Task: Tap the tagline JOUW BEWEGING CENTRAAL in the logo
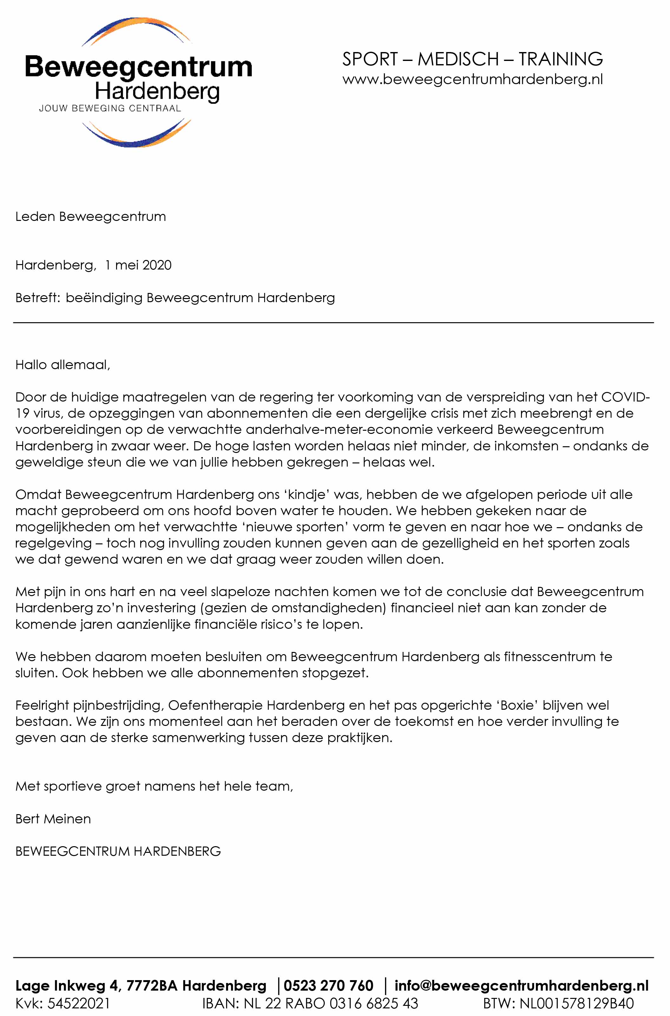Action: click(110, 109)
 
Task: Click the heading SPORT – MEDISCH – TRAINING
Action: click(472, 59)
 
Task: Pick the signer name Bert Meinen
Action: click(53, 819)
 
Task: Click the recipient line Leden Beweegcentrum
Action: click(91, 216)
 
